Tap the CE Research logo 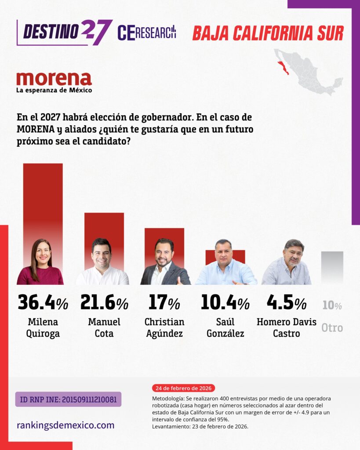pyautogui.click(x=147, y=33)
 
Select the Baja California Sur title pyautogui.click(x=268, y=33)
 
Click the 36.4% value pyautogui.click(x=43, y=303)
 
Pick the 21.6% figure pyautogui.click(x=104, y=303)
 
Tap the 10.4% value pyautogui.click(x=225, y=303)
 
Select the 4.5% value pyautogui.click(x=287, y=303)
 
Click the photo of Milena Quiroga pyautogui.click(x=40, y=262)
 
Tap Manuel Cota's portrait pyautogui.click(x=102, y=262)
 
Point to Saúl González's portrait pyautogui.click(x=225, y=263)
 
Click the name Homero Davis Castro pyautogui.click(x=287, y=327)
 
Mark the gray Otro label pyautogui.click(x=332, y=328)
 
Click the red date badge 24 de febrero pyautogui.click(x=183, y=388)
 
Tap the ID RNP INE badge pyautogui.click(x=68, y=399)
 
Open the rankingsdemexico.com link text pyautogui.click(x=65, y=425)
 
